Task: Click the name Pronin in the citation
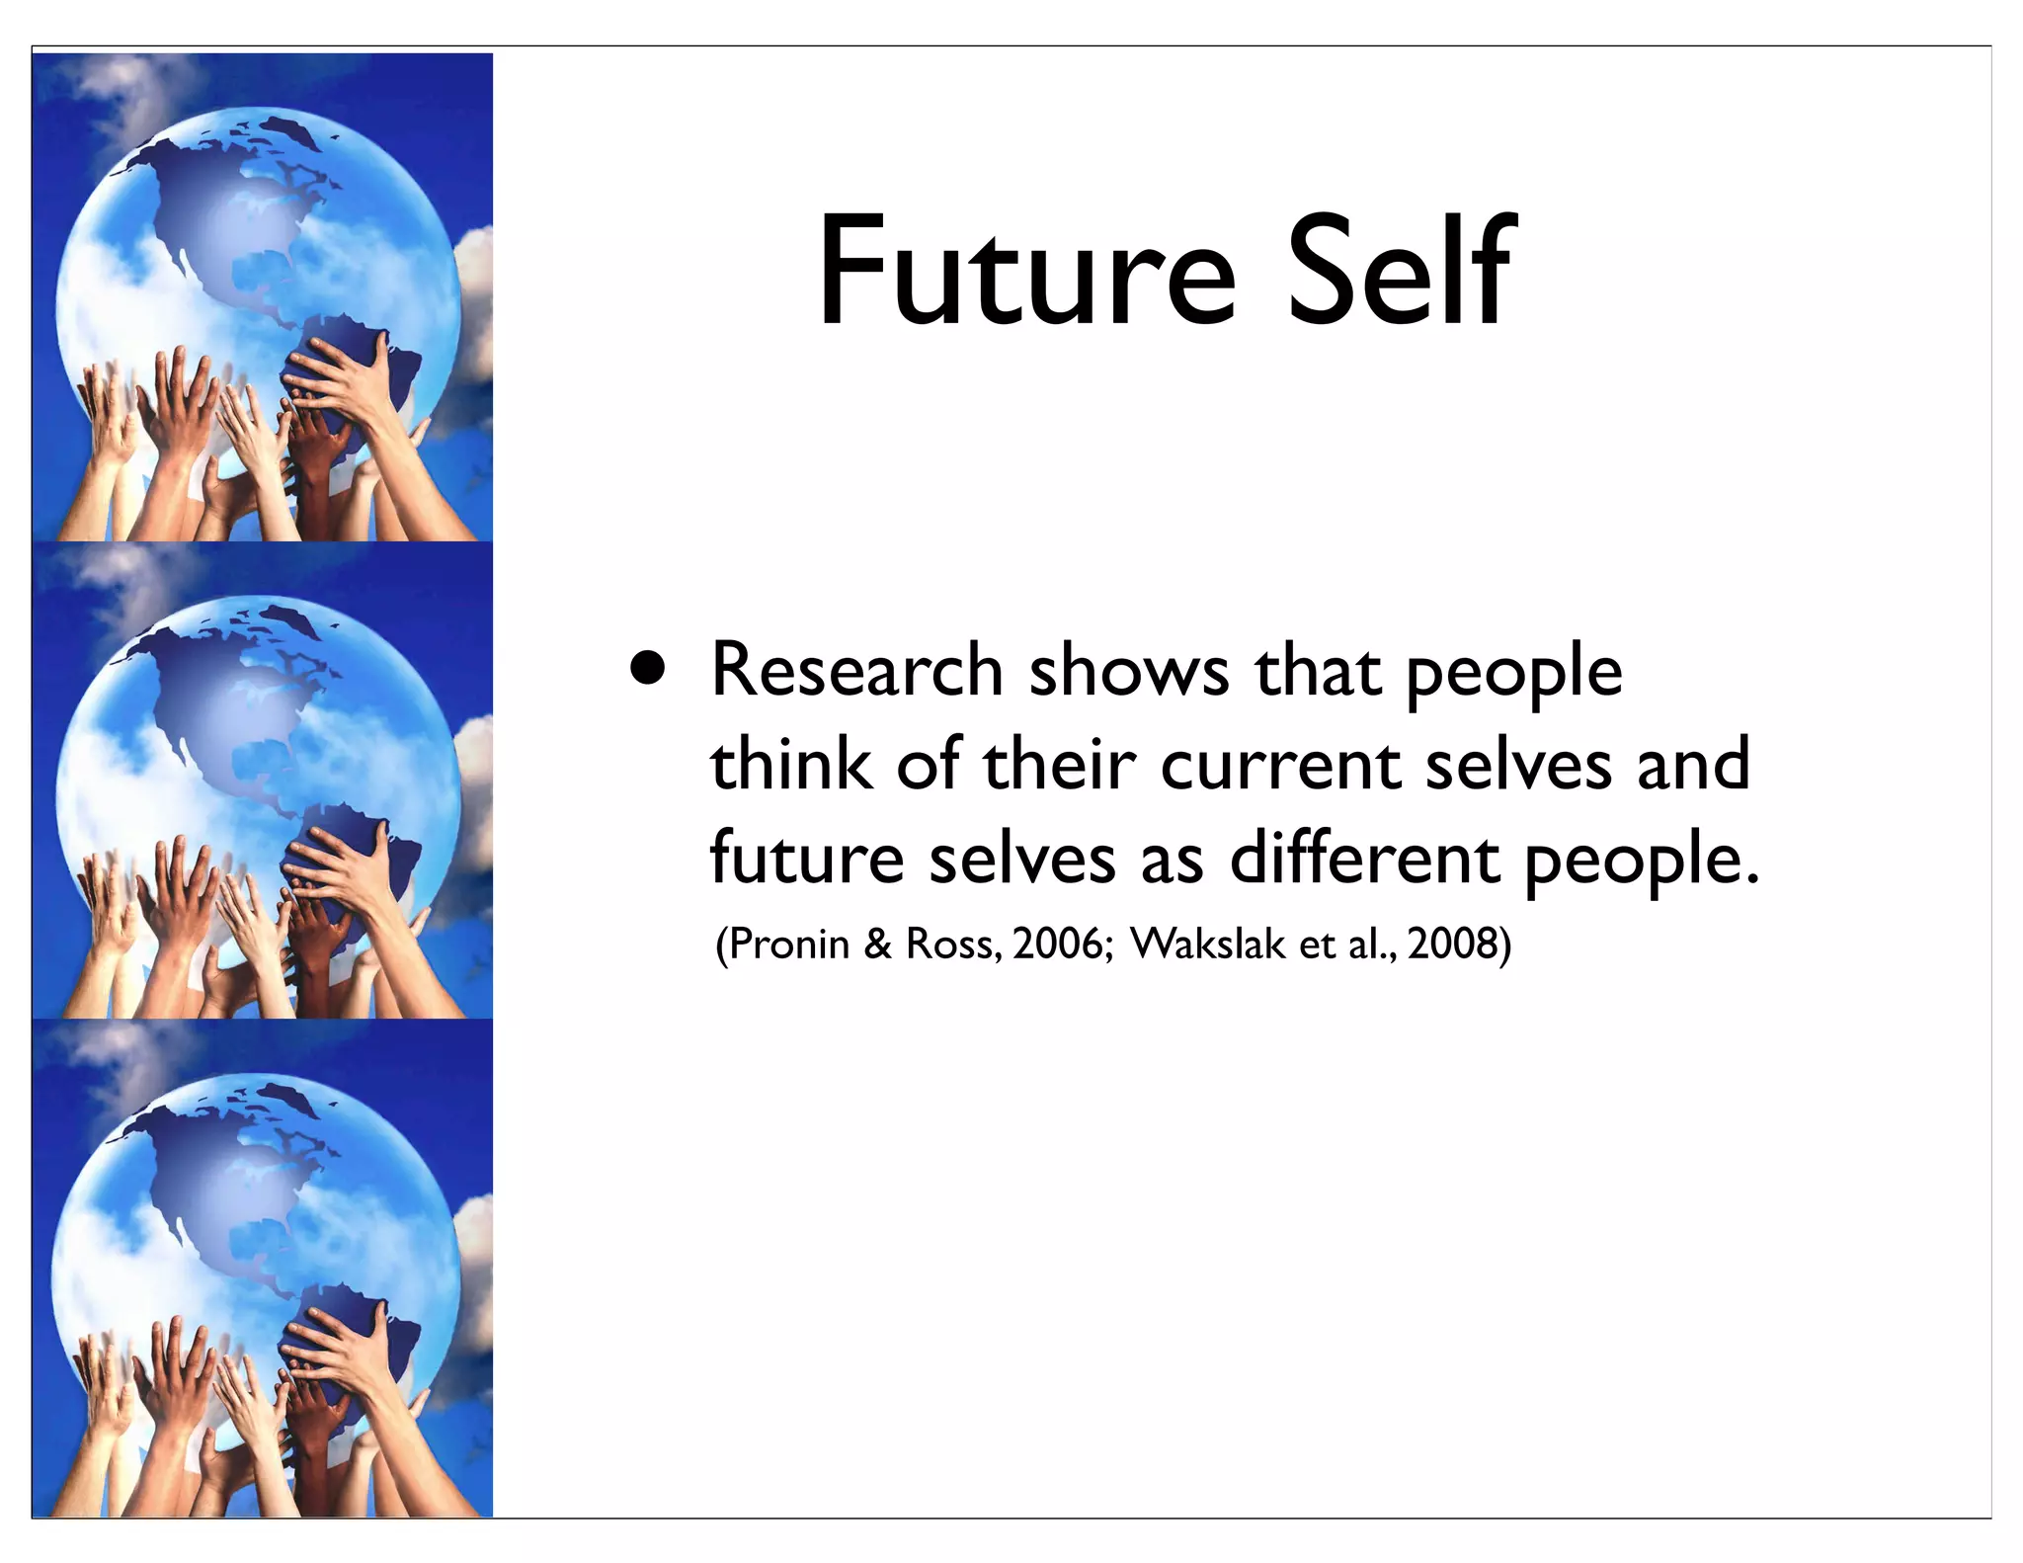tap(788, 945)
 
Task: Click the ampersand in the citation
tap(877, 945)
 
